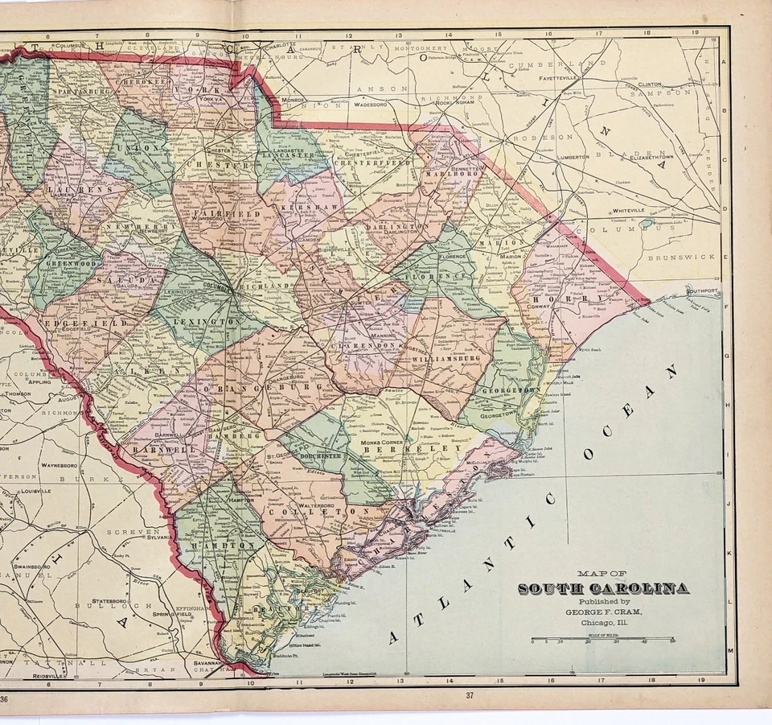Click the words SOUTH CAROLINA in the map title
(602, 588)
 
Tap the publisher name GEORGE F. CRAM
(602, 611)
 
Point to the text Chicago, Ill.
(602, 621)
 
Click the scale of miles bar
(602, 640)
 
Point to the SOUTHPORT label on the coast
(700, 290)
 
